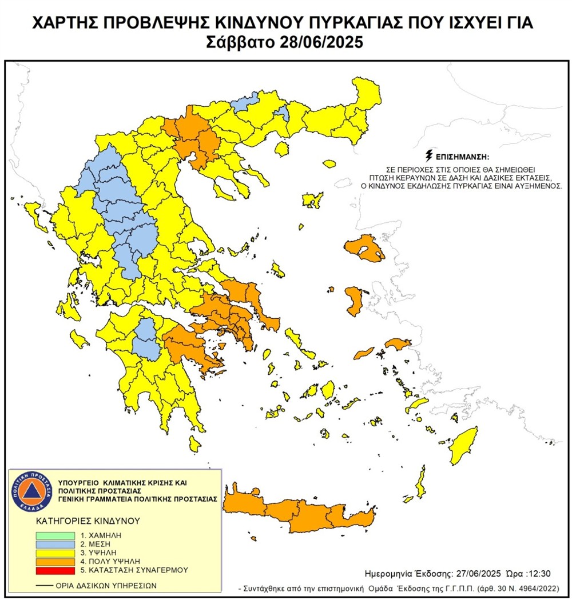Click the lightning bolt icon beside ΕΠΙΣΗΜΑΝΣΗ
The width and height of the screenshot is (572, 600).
tap(428, 155)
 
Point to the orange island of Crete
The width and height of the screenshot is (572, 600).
tap(303, 511)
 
